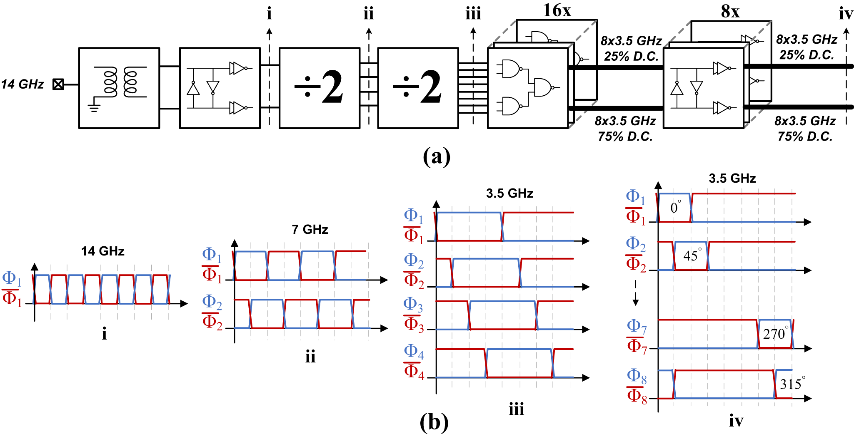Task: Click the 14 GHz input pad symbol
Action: click(58, 84)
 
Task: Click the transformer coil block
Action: click(119, 88)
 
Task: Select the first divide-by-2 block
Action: click(319, 88)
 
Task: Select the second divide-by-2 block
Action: click(418, 88)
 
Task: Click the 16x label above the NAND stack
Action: click(557, 10)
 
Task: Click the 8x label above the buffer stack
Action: click(730, 12)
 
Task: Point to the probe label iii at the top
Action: click(473, 14)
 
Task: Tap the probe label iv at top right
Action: click(846, 14)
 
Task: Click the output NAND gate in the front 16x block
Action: click(543, 87)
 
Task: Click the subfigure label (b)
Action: click(434, 422)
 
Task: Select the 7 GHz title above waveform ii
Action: click(310, 229)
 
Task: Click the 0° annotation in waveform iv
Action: click(675, 208)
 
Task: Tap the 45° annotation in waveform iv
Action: click(692, 255)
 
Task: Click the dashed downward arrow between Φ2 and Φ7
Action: click(635, 293)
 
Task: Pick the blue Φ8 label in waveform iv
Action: click(637, 376)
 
